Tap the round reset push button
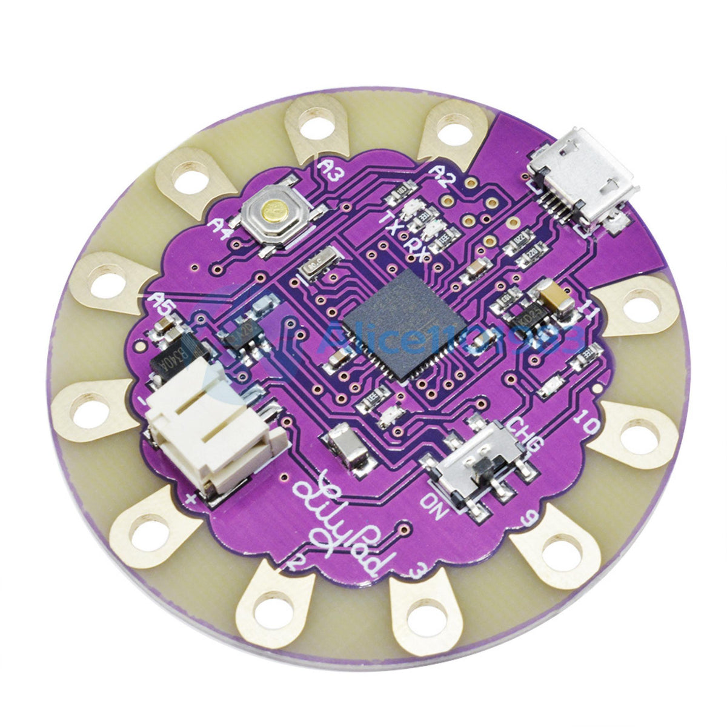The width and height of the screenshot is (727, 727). pyautogui.click(x=274, y=211)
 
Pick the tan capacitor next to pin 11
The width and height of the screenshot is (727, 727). pyautogui.click(x=556, y=298)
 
